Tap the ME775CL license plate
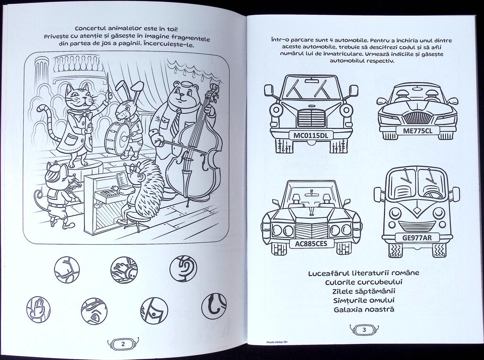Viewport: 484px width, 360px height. point(417,131)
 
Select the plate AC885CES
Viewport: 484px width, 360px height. point(311,244)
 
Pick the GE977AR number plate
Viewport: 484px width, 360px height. point(417,238)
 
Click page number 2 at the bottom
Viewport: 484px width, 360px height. point(123,344)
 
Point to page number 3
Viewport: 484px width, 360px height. point(364,330)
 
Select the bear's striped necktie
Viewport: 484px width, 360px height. point(175,121)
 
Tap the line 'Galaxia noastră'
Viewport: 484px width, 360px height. point(364,309)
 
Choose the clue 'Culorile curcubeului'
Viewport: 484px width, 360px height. point(364,282)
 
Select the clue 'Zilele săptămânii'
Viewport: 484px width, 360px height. point(364,291)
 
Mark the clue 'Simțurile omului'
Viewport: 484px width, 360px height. point(364,300)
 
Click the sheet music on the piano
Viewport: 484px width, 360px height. point(121,180)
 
